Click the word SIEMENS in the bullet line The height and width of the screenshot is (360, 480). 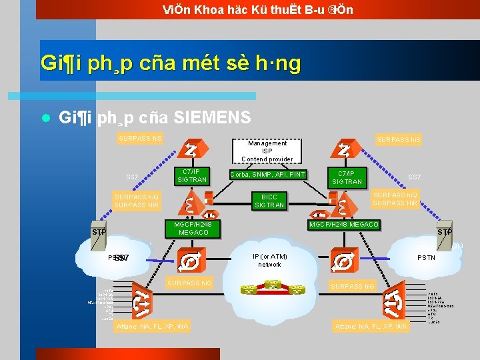click(212, 118)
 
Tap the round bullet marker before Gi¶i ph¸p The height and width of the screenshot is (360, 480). click(45, 119)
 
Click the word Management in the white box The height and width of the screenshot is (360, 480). click(267, 143)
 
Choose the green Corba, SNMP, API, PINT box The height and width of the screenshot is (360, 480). click(267, 175)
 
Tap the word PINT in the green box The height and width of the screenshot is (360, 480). click(296, 175)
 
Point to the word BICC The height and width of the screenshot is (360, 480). click(269, 197)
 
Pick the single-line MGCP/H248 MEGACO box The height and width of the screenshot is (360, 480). click(344, 224)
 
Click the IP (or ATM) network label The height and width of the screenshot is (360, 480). click(270, 260)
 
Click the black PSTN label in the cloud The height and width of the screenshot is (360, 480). click(426, 257)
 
